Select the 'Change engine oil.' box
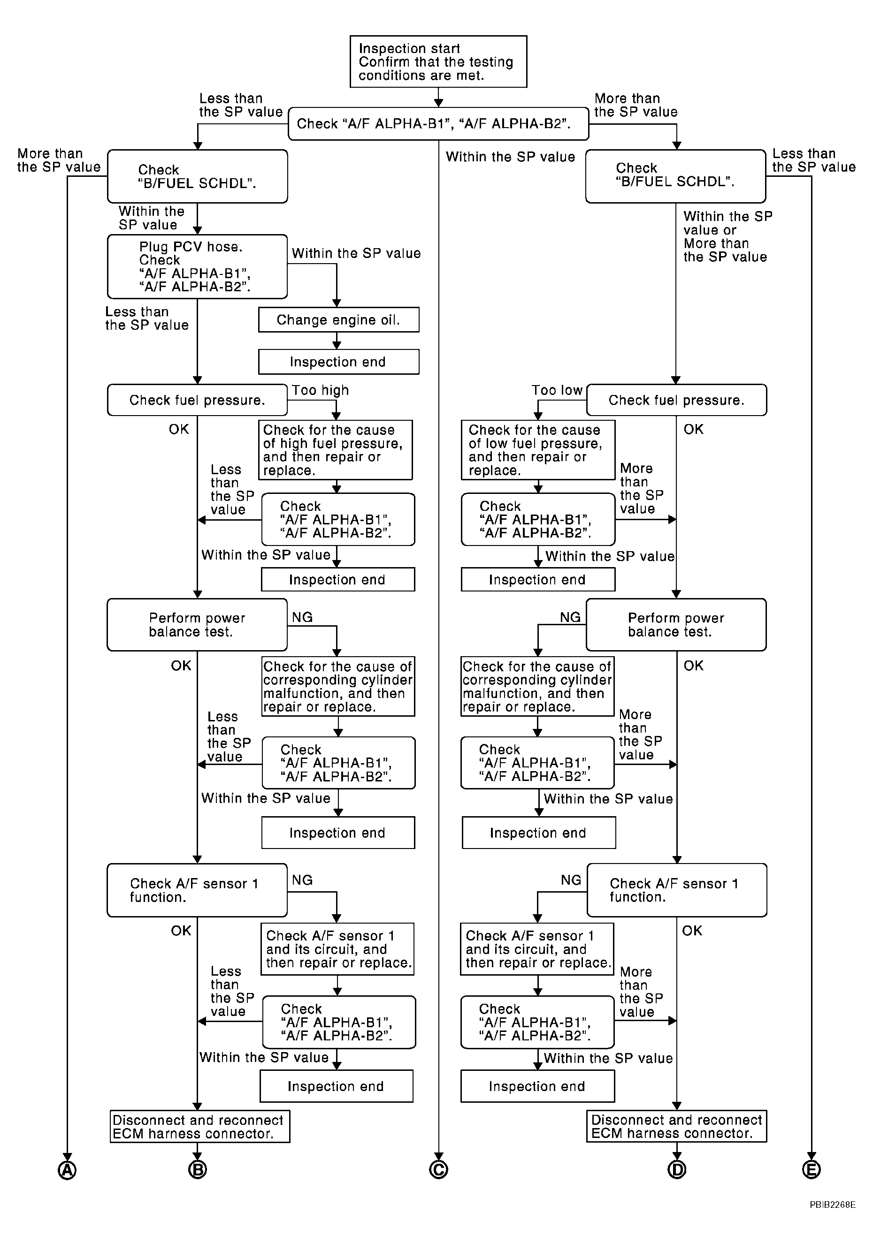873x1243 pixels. pyautogui.click(x=338, y=320)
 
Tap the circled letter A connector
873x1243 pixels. pyautogui.click(x=67, y=1170)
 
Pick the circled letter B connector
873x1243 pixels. pyautogui.click(x=198, y=1170)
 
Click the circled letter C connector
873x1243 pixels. pyautogui.click(x=439, y=1170)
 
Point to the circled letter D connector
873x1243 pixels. pyautogui.click(x=677, y=1170)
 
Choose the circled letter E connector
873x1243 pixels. pyautogui.click(x=811, y=1170)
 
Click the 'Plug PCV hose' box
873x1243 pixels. pyautogui.click(x=197, y=266)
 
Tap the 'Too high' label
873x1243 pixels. pyautogui.click(x=321, y=390)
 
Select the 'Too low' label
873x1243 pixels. pyautogui.click(x=557, y=390)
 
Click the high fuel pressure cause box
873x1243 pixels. pyautogui.click(x=335, y=450)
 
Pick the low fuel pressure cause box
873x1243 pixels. pyautogui.click(x=538, y=450)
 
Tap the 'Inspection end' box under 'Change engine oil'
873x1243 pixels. pyautogui.click(x=338, y=362)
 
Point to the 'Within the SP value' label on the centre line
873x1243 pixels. pyautogui.click(x=510, y=157)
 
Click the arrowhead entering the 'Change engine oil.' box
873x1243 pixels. pyautogui.click(x=337, y=303)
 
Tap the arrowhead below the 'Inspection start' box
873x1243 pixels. pyautogui.click(x=439, y=103)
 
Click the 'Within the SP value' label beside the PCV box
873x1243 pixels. pyautogui.click(x=356, y=253)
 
